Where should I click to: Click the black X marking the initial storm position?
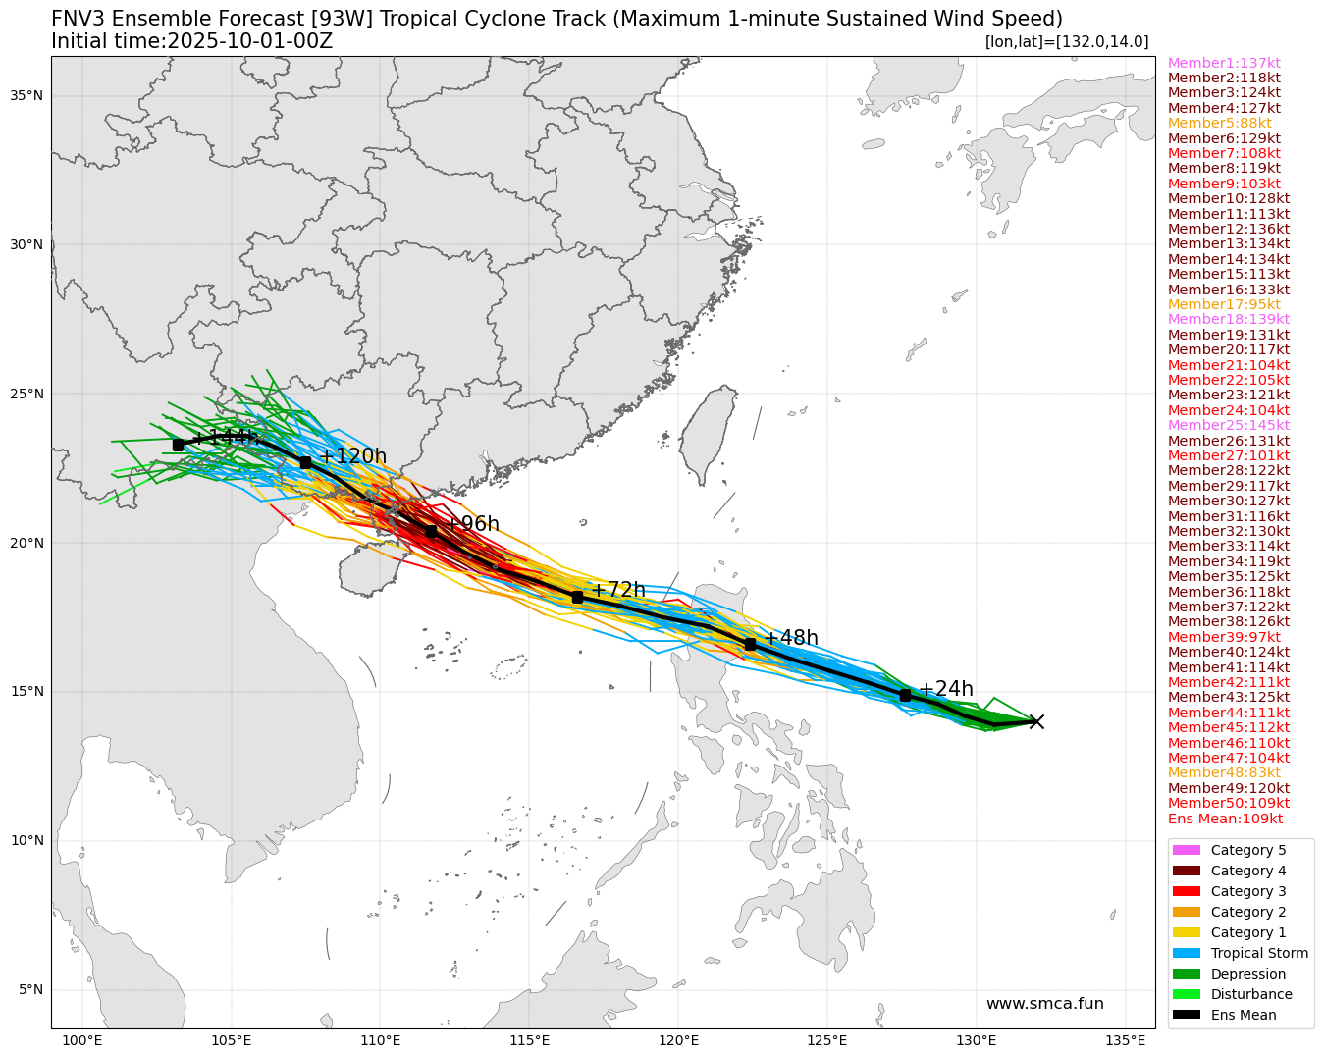1035,721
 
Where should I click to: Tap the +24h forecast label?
946,689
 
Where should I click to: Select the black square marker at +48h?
751,644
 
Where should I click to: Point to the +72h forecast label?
618,590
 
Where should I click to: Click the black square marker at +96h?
431,531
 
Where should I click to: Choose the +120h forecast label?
353,456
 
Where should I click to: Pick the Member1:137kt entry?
1224,63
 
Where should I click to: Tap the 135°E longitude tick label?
1125,1040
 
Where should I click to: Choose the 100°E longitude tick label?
82,1040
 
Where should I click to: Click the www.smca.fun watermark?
1044,1004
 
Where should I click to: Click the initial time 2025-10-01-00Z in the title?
250,41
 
